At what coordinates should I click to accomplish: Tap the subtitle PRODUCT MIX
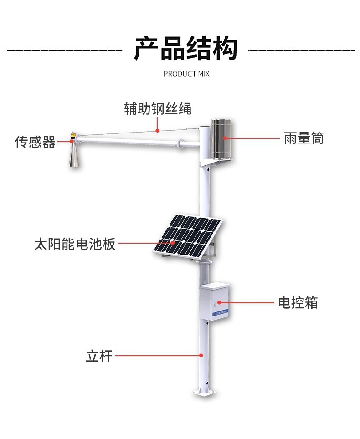pyautogui.click(x=186, y=74)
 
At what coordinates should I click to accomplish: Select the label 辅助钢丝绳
pyautogui.click(x=158, y=109)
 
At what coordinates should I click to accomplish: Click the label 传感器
pyautogui.click(x=35, y=142)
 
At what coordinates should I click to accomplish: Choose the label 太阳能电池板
pyautogui.click(x=75, y=244)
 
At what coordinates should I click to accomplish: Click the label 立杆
pyautogui.click(x=99, y=355)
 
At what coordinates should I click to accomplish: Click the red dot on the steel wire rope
pyautogui.click(x=158, y=131)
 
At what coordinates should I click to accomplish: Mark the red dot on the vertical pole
pyautogui.click(x=201, y=355)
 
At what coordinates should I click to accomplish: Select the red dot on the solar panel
pyautogui.click(x=173, y=244)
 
